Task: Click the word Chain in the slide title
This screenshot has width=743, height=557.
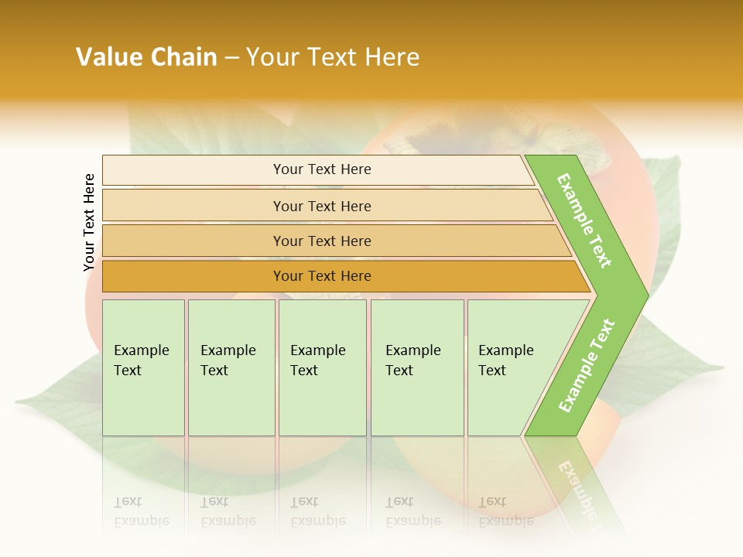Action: [x=183, y=57]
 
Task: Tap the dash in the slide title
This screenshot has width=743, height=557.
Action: [x=231, y=58]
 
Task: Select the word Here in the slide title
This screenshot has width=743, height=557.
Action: [x=392, y=57]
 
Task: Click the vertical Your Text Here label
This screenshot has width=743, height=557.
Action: [x=89, y=222]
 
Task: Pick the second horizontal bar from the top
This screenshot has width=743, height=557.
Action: [x=322, y=206]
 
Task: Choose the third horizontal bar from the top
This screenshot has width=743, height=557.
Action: [x=322, y=241]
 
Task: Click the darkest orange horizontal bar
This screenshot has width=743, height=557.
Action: [x=322, y=276]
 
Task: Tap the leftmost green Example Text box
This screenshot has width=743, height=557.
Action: [x=143, y=367]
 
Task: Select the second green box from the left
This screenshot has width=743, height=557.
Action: [x=231, y=367]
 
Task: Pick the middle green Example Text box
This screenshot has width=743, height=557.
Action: [x=322, y=367]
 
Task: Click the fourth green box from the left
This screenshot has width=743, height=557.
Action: [x=417, y=367]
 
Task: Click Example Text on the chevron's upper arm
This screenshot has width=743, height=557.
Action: [x=584, y=220]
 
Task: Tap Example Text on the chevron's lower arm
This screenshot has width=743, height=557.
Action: [x=587, y=365]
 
